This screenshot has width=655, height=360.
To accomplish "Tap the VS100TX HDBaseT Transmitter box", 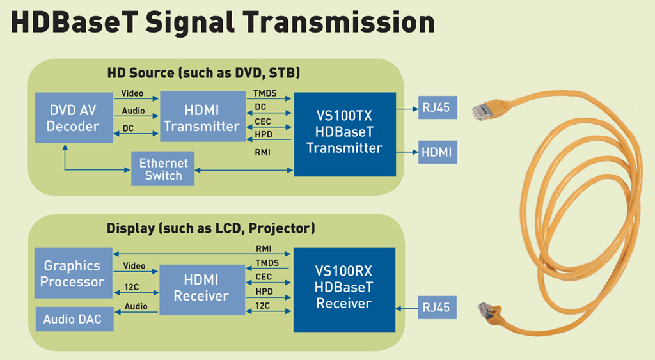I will (x=344, y=132).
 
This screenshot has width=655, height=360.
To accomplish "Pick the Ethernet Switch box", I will (x=162, y=169).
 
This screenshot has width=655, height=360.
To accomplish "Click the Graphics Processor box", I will (x=72, y=274).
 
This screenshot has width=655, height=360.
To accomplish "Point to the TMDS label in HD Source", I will (x=265, y=94).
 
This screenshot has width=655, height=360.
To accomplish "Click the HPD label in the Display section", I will (x=264, y=292).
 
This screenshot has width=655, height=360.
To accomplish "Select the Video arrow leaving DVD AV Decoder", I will (x=136, y=99).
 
